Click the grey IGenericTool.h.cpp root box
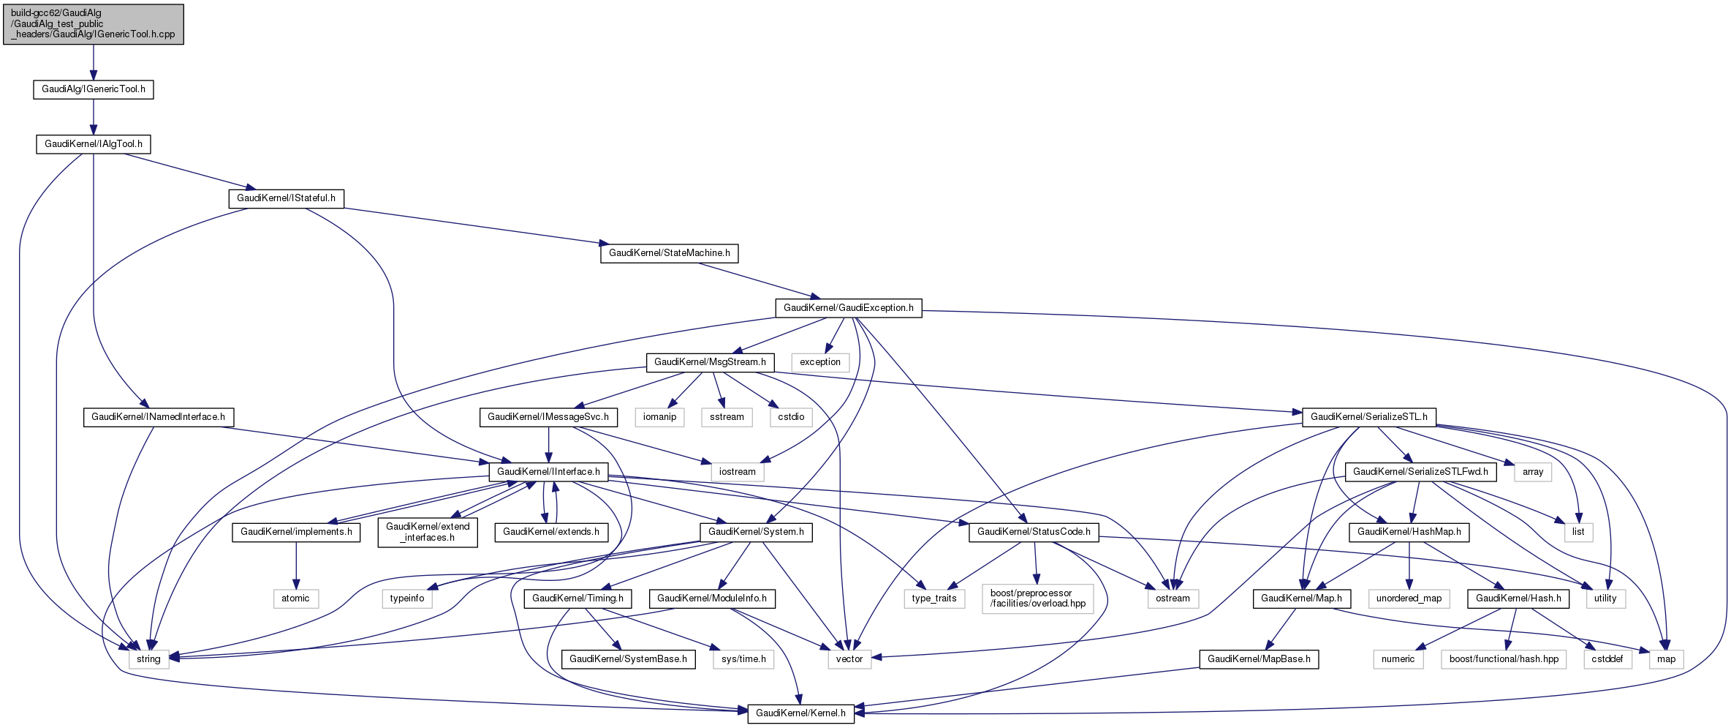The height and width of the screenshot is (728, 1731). coord(94,24)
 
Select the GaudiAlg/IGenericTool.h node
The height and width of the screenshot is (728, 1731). coord(94,89)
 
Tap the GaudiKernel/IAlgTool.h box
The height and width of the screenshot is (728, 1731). coord(94,144)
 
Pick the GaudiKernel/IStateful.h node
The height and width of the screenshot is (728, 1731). coord(286,198)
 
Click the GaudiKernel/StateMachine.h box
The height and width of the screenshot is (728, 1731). coord(669,253)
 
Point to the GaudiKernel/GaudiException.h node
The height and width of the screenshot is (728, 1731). coord(848,308)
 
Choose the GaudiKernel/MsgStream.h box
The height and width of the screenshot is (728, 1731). coord(710,362)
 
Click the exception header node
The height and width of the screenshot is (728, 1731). coord(820,362)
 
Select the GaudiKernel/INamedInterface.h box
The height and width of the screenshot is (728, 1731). coord(158,417)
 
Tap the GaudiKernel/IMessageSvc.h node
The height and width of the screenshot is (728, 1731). coord(548,417)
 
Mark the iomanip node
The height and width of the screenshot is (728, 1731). coord(659,417)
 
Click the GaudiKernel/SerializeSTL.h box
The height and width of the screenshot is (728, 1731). coord(1368,417)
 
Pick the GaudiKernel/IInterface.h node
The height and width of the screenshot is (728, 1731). coord(548,472)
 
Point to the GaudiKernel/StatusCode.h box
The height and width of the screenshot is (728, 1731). coord(1034,532)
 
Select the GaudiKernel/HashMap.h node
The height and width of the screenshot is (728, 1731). coord(1409,532)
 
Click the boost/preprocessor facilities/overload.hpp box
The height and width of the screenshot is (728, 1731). coord(1038,598)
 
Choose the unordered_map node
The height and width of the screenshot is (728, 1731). coord(1409,598)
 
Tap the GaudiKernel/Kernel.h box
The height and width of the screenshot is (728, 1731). coord(800,713)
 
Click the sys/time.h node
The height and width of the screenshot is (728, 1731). coord(743,659)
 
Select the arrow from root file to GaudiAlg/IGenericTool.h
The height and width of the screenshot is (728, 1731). coord(94,62)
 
